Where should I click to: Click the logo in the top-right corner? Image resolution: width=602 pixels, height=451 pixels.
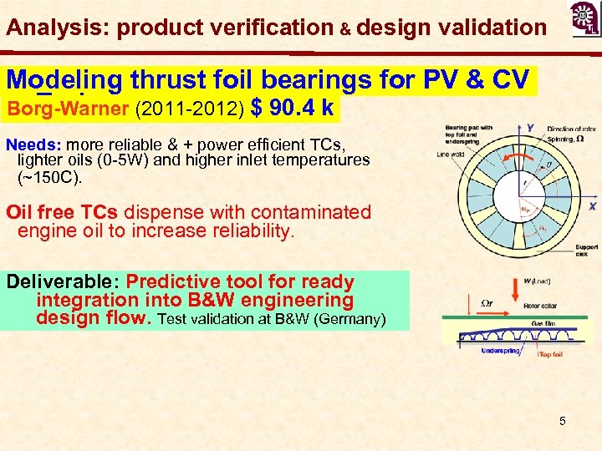[583, 19]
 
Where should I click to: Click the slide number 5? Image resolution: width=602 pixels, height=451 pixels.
[563, 421]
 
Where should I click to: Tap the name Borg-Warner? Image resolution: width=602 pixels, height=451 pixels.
[58, 109]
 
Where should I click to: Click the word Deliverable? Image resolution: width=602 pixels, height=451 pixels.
[60, 282]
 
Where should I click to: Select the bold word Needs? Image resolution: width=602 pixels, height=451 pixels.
[29, 143]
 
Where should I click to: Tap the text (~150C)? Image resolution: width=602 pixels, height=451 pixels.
[50, 177]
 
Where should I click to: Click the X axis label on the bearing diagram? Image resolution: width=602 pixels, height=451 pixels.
[592, 205]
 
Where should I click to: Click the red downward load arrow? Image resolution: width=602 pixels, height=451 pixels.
[513, 293]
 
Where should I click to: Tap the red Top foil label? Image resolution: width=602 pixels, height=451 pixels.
[553, 354]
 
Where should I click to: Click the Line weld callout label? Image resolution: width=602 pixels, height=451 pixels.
[452, 153]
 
